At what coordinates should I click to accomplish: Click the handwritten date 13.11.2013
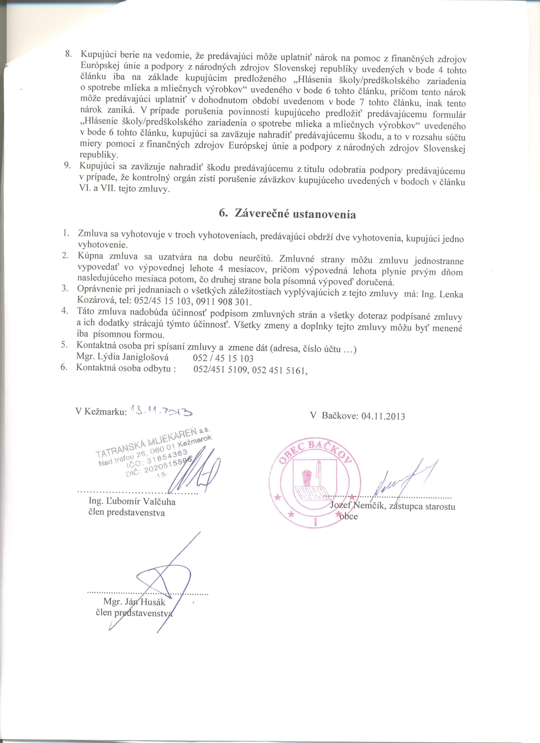(x=161, y=410)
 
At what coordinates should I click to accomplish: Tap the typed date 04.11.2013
(x=383, y=416)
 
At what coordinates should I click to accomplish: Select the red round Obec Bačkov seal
(x=315, y=485)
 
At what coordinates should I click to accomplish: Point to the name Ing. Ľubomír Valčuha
(x=132, y=501)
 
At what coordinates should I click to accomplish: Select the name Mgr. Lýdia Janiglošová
(x=122, y=357)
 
